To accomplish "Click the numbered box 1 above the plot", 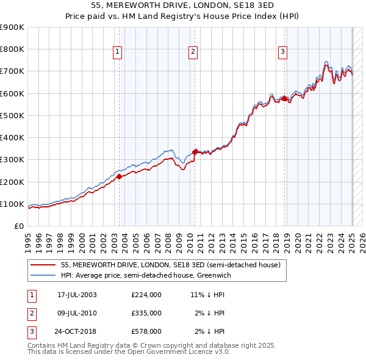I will pos(117,52).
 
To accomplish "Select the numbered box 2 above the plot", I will pos(192,52).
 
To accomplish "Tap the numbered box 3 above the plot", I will pos(283,52).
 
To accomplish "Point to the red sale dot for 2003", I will pos(120,176).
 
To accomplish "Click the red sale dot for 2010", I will pos(195,151).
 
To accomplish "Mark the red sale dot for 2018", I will pos(284,98).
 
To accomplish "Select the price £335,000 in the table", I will pos(146,313).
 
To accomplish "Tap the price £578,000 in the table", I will pos(146,331).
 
